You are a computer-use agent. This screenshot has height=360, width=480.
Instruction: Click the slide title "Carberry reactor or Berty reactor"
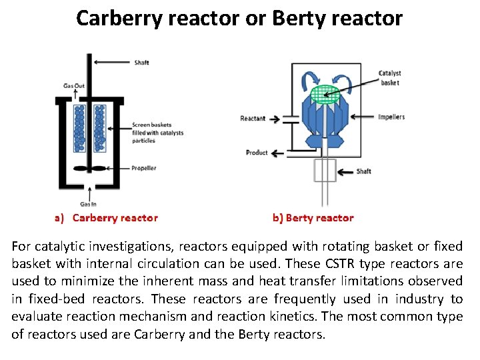(x=239, y=18)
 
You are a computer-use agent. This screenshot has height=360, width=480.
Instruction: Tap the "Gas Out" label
(x=75, y=85)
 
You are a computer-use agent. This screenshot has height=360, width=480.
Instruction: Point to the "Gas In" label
(x=88, y=204)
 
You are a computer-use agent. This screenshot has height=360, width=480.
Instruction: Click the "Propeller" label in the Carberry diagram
(x=143, y=168)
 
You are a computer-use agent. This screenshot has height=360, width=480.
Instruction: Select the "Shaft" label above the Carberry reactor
(x=141, y=63)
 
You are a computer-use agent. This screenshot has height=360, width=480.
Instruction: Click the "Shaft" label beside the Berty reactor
(x=363, y=171)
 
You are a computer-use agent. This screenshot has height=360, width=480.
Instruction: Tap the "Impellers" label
(x=391, y=117)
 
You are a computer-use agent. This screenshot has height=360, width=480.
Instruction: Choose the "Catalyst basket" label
(x=390, y=78)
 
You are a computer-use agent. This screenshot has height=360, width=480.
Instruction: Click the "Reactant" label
(x=253, y=119)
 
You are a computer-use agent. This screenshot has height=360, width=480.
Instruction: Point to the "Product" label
(x=257, y=153)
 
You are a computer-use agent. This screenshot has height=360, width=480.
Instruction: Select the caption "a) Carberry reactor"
(x=106, y=218)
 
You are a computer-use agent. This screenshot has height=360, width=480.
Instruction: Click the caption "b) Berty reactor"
(x=313, y=218)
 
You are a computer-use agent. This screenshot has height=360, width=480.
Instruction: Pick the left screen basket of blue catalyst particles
(x=79, y=127)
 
